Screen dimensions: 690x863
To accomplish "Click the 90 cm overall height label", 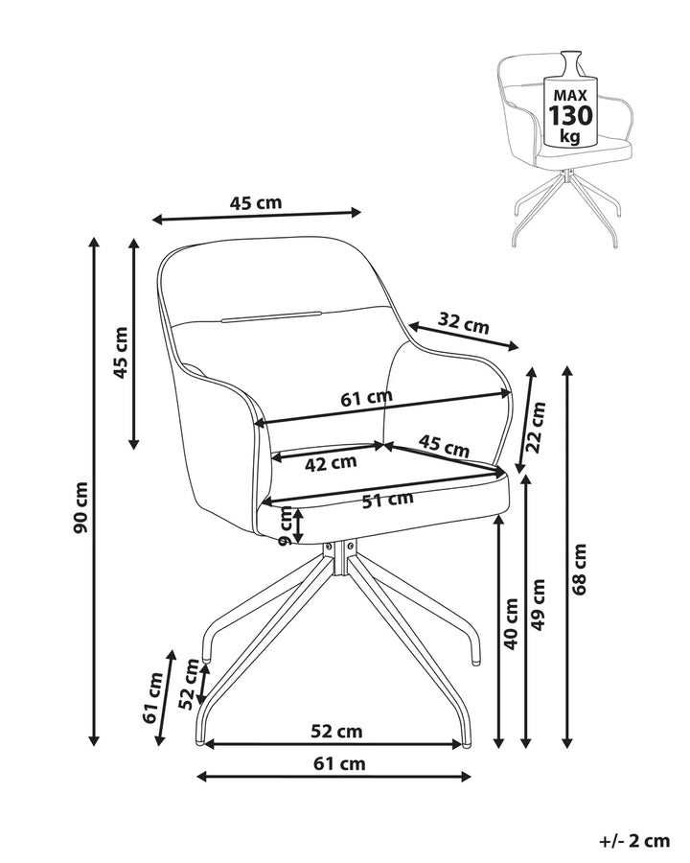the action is (x=80, y=507).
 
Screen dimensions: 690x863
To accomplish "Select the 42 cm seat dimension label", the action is (x=331, y=463).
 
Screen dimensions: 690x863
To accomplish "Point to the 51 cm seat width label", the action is (x=388, y=500).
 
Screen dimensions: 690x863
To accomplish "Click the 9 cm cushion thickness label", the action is (x=287, y=525).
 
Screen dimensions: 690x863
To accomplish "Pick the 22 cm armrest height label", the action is (x=536, y=427).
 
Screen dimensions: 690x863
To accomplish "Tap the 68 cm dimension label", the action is (x=580, y=569).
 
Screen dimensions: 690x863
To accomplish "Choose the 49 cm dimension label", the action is (x=539, y=604).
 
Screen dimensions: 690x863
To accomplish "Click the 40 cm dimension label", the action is (x=511, y=623).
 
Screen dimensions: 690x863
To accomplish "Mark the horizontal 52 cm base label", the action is (x=336, y=732).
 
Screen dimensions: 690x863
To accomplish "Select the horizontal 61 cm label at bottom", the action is (x=339, y=763).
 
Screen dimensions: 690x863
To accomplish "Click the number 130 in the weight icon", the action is (x=570, y=116).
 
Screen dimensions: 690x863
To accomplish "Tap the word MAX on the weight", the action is (x=570, y=95).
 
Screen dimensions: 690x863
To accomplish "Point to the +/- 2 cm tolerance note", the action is (x=634, y=841).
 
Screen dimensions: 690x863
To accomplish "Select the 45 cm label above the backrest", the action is (x=255, y=203).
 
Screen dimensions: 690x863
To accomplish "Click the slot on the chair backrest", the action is (x=271, y=315).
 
